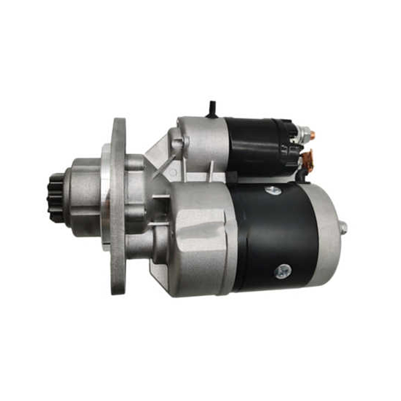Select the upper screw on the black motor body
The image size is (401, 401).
(x=273, y=190)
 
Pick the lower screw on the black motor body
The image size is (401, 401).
(x=283, y=271)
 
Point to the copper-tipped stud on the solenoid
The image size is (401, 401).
(x=312, y=135)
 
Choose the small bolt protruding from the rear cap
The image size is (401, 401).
(x=344, y=228)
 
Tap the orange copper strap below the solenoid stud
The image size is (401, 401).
(x=307, y=160)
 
